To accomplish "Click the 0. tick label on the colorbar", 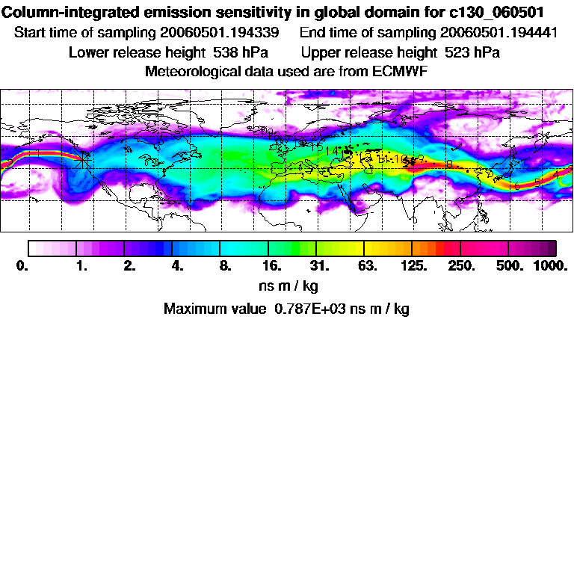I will pos(22,265).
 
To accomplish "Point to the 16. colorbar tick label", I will pos(271,265).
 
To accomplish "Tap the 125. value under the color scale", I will pos(413,265).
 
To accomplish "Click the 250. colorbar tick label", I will pos(461,265).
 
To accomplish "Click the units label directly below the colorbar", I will pos(286,286).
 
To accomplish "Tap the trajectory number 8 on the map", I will pos(449,164).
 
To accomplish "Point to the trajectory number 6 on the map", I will pos(517,185).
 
